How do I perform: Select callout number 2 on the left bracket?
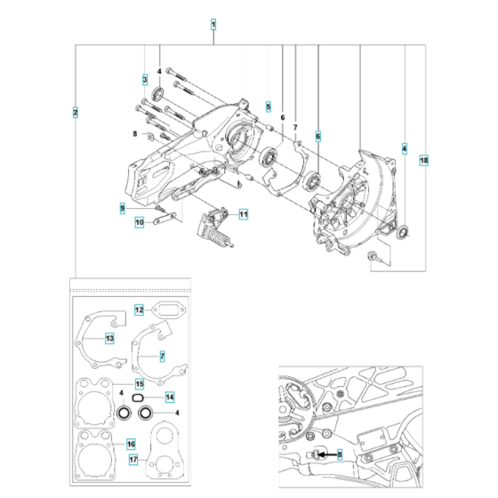pyautogui.click(x=76, y=112)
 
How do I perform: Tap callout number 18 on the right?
pyautogui.click(x=423, y=160)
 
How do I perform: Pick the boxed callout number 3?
pyautogui.click(x=144, y=79)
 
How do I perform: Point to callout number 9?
pyautogui.click(x=124, y=208)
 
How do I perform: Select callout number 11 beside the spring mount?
pyautogui.click(x=244, y=213)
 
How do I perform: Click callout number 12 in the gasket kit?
pyautogui.click(x=140, y=310)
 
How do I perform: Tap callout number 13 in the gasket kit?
pyautogui.click(x=109, y=338)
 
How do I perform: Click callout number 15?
pyautogui.click(x=139, y=383)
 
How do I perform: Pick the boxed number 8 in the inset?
pyautogui.click(x=339, y=454)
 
